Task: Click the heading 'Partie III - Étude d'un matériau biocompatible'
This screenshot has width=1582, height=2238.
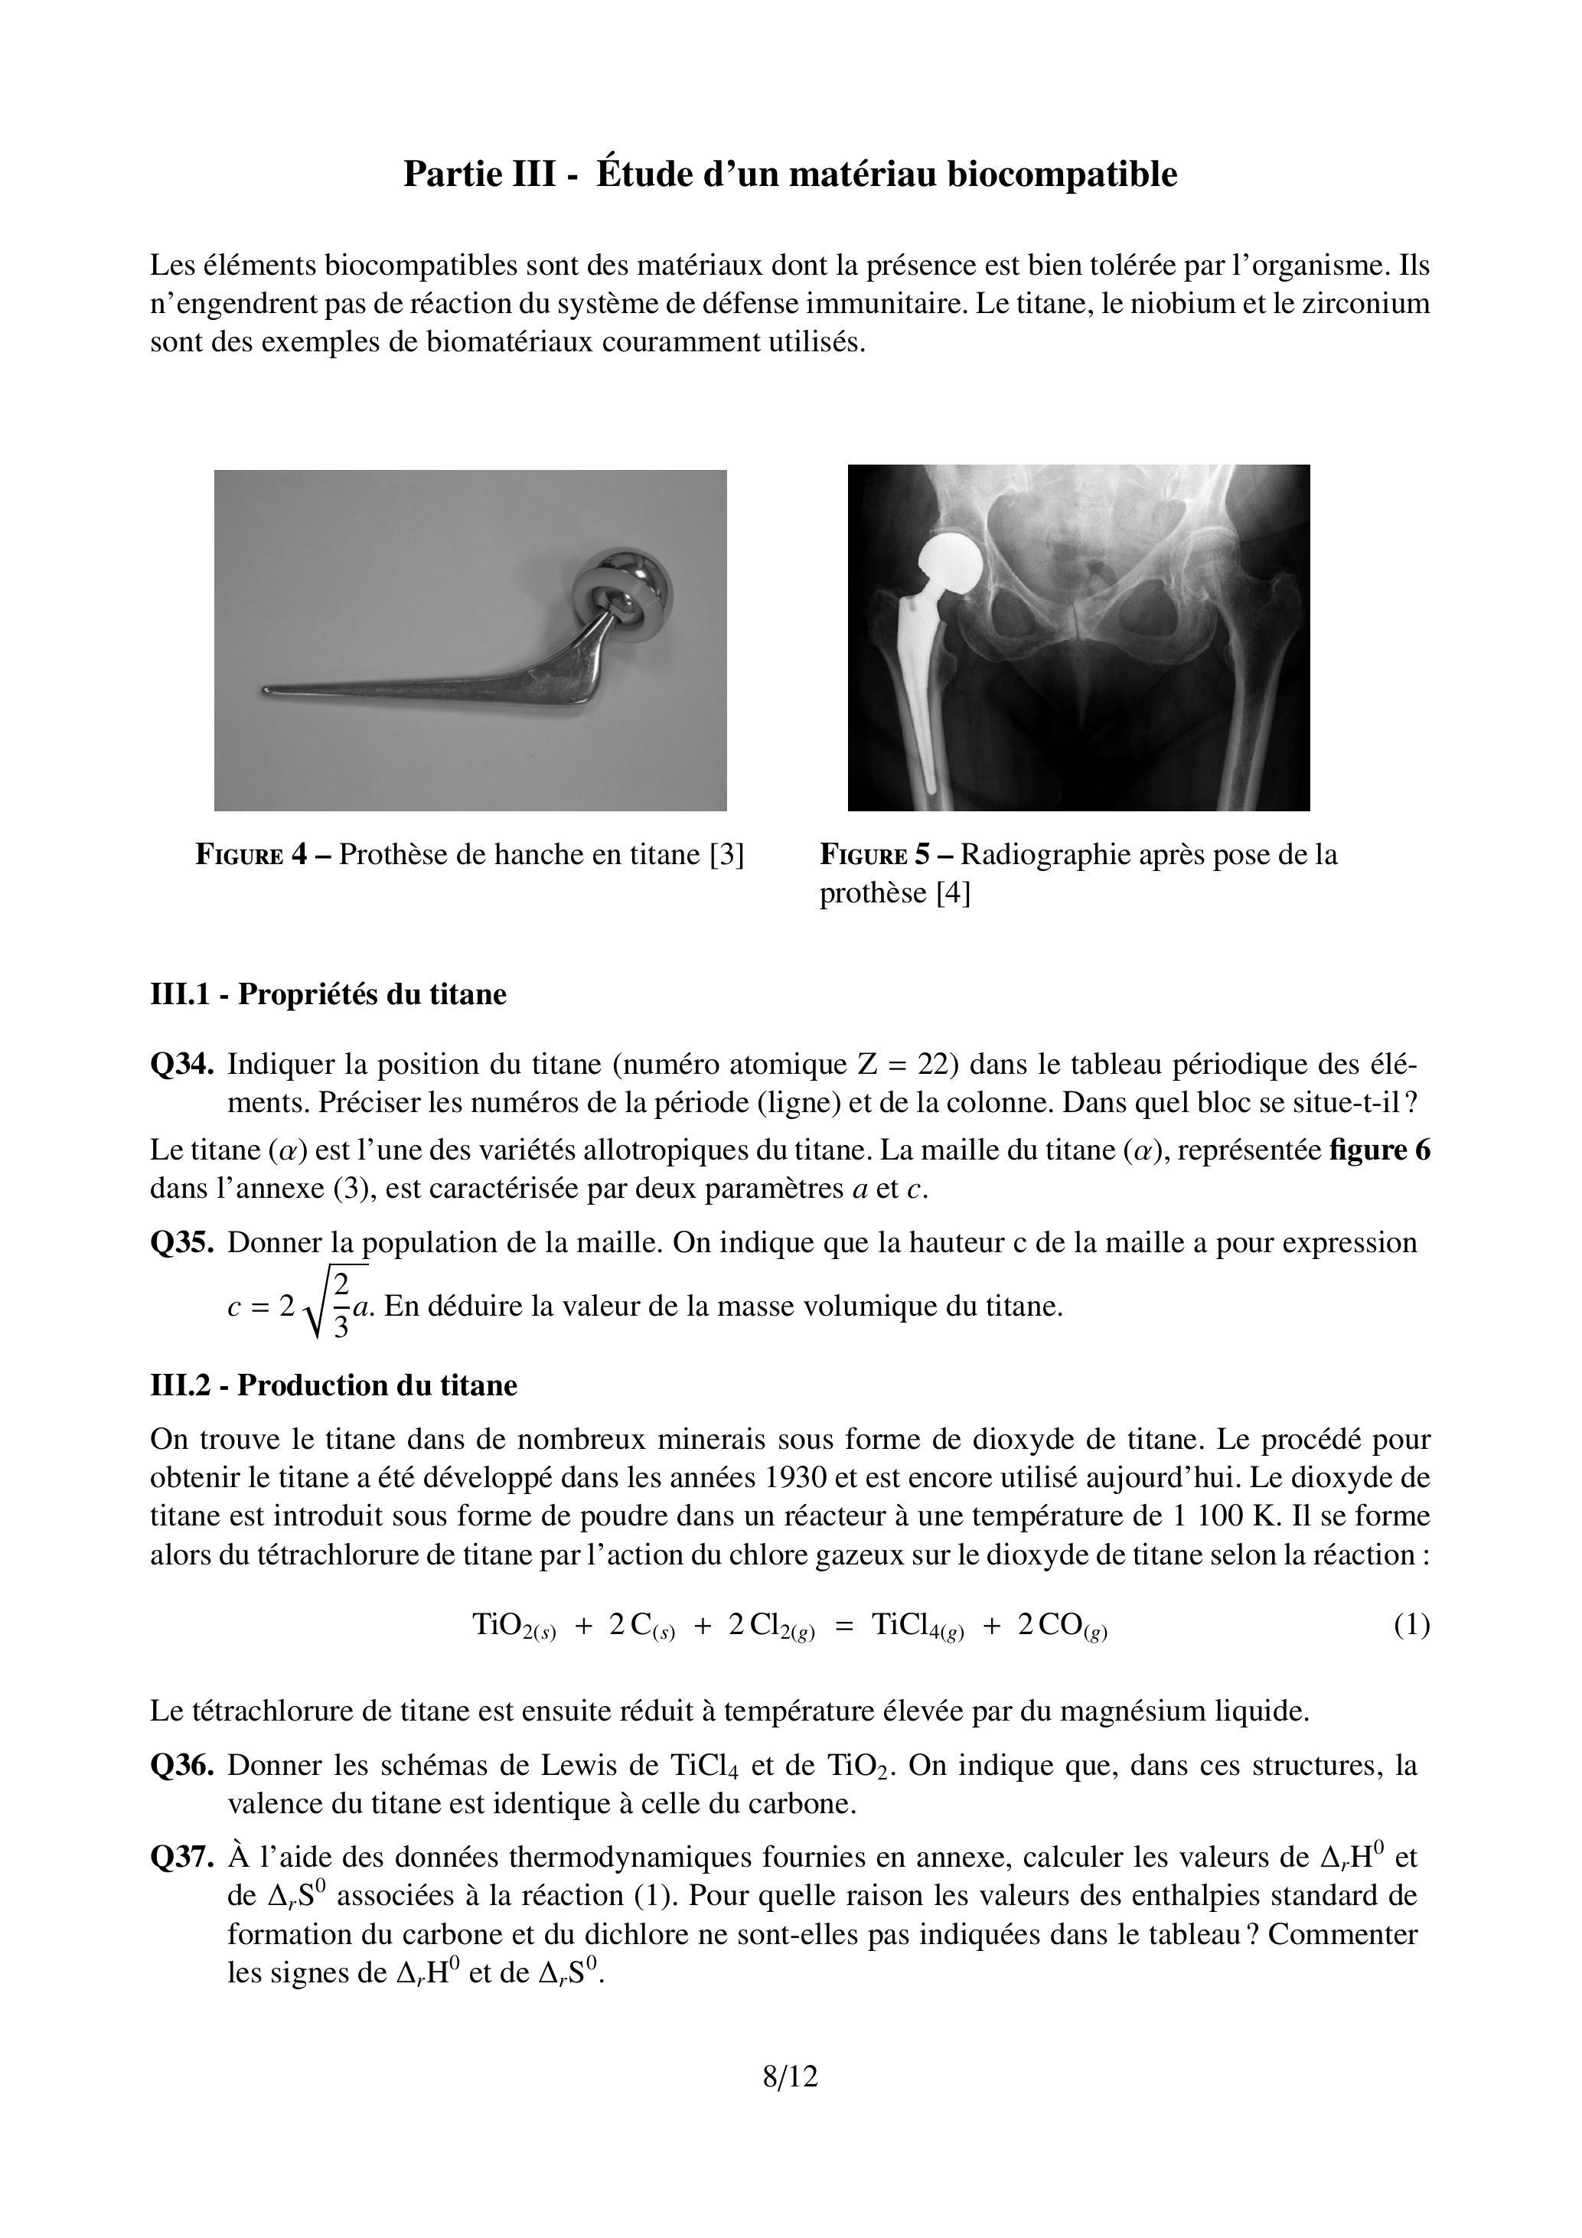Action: tap(791, 175)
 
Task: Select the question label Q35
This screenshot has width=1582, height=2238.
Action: tap(181, 1243)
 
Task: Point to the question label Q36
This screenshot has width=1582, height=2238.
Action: tap(181, 1765)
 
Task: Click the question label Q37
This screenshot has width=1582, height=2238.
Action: tap(181, 1857)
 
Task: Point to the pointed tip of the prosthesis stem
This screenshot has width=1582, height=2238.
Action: tap(265, 691)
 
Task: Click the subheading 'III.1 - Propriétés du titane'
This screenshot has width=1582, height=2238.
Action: tap(328, 994)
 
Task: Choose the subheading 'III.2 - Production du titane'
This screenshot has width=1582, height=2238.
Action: tap(334, 1385)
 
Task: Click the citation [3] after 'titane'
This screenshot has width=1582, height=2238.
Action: tap(727, 855)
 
